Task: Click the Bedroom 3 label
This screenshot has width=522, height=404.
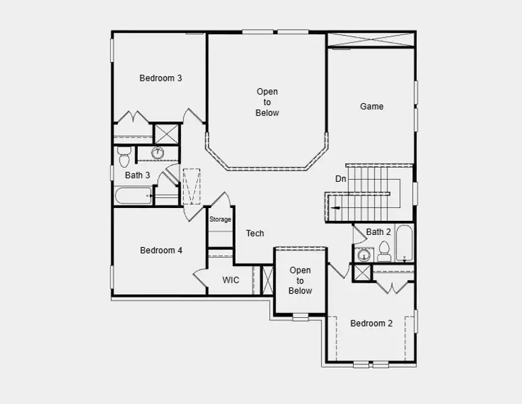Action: (x=161, y=78)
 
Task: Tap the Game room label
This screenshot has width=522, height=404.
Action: (x=371, y=106)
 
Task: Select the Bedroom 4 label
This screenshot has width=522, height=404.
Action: (x=161, y=250)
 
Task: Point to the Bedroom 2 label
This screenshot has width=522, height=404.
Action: (x=371, y=324)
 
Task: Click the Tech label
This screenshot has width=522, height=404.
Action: (x=255, y=234)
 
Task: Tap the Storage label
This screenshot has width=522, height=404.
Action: (x=220, y=220)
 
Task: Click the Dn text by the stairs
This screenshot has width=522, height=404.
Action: (x=341, y=179)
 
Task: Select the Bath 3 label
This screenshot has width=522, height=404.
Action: (x=137, y=175)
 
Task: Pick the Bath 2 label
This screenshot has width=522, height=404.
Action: (x=378, y=232)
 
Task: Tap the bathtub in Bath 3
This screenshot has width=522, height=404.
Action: (x=134, y=196)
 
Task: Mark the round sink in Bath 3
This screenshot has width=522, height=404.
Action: (x=157, y=153)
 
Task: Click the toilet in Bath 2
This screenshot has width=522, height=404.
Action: (x=384, y=252)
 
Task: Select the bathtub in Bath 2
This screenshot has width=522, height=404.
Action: (x=404, y=243)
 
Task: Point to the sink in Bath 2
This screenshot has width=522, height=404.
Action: (x=364, y=255)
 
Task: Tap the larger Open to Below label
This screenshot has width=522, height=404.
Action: (x=267, y=102)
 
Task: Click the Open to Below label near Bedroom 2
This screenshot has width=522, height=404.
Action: (x=300, y=281)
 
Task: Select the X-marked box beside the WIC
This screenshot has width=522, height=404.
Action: (x=268, y=280)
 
